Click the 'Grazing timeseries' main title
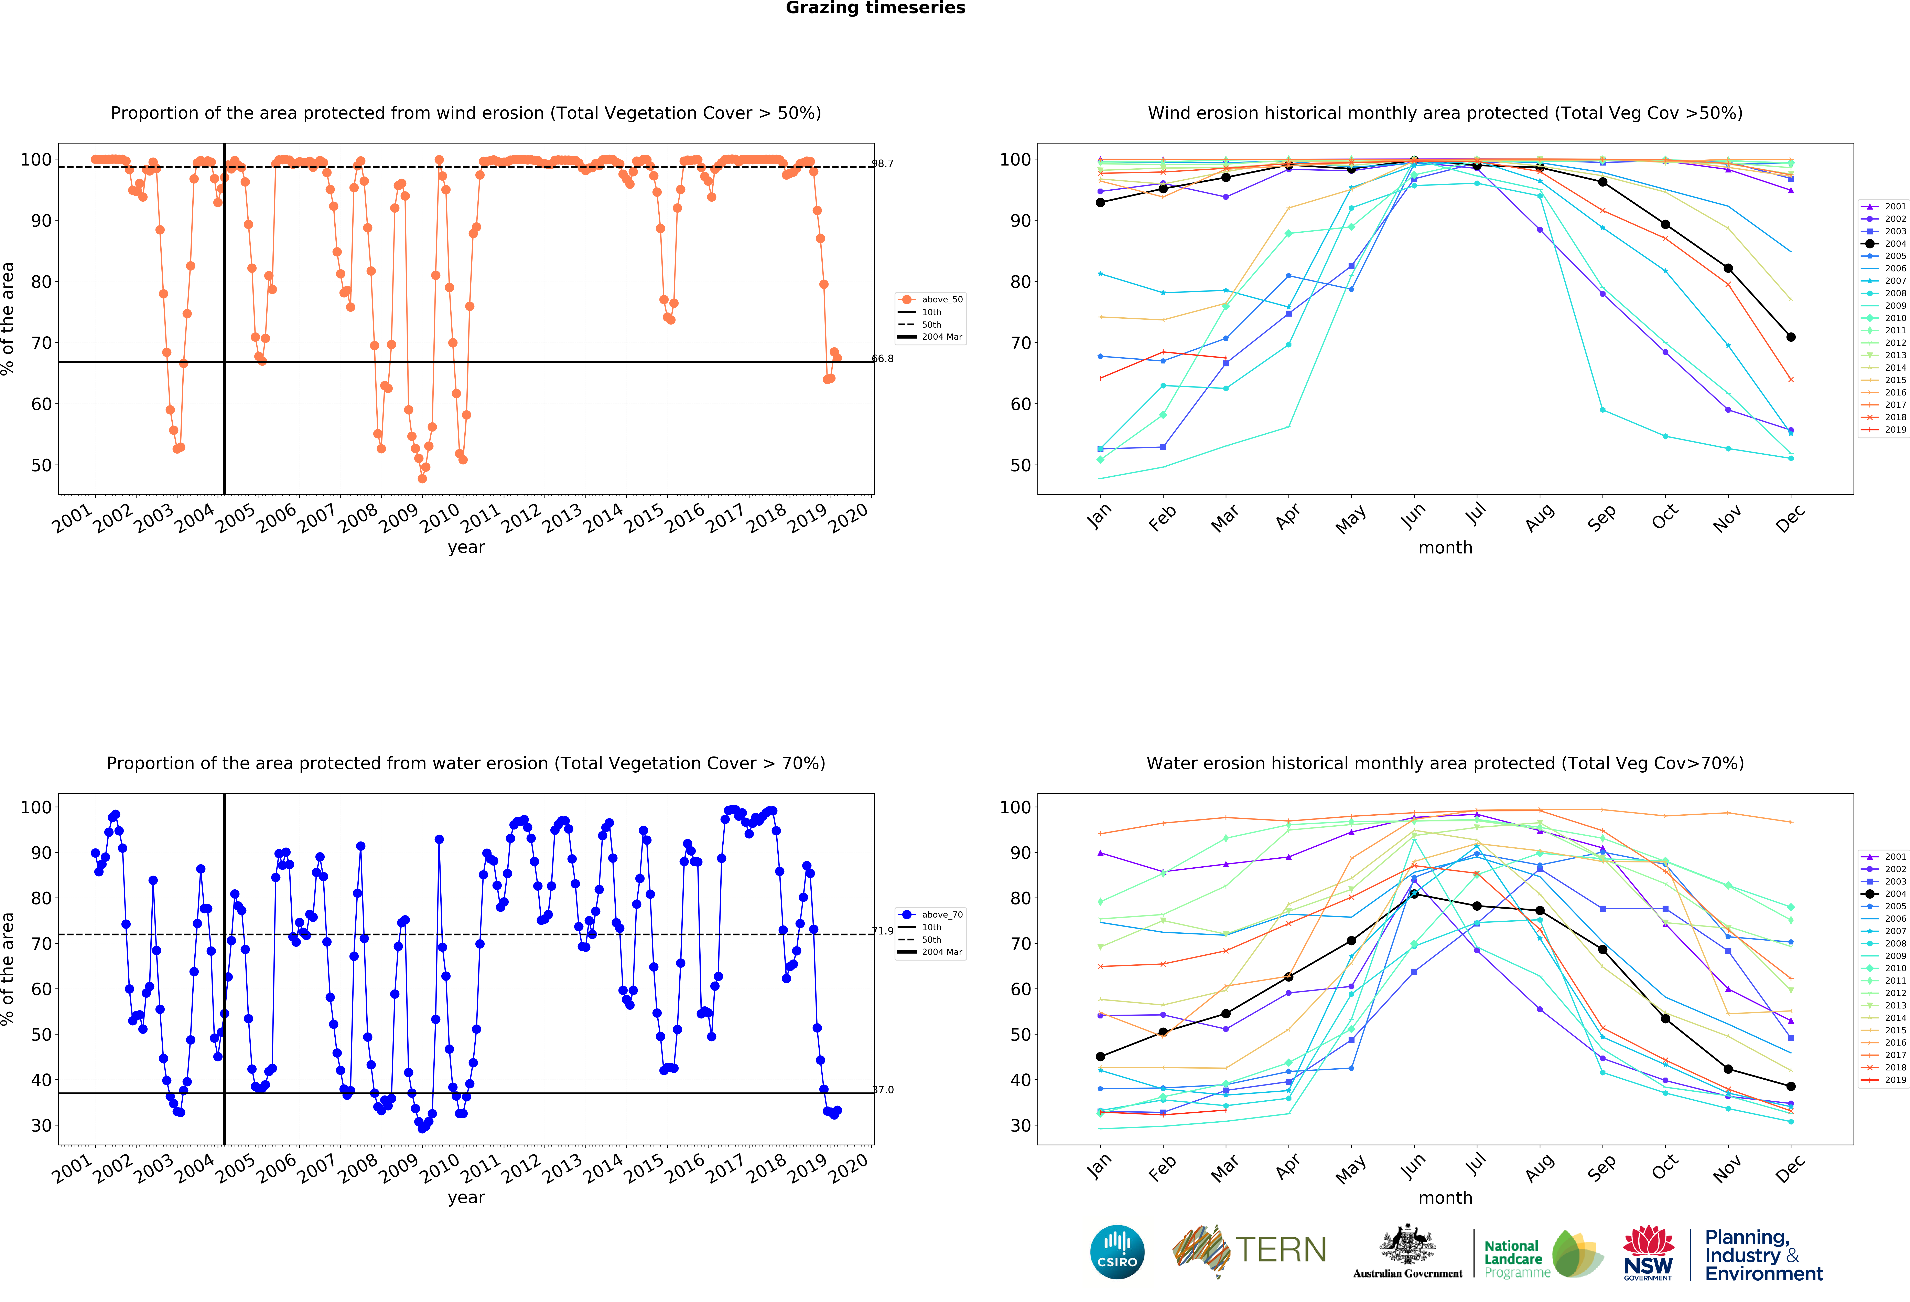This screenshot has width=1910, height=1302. [x=875, y=8]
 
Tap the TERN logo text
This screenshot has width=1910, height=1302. [x=1281, y=1250]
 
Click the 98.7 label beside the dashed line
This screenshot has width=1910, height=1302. [x=883, y=163]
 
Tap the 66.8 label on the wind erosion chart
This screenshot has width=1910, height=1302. [x=883, y=358]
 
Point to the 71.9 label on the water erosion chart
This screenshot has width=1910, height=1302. [x=883, y=931]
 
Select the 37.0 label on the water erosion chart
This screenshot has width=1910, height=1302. [x=883, y=1090]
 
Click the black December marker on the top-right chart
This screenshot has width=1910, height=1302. [x=1791, y=337]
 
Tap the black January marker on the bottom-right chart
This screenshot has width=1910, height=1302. [x=1100, y=1057]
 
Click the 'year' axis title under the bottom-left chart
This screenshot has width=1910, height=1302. [x=466, y=1198]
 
